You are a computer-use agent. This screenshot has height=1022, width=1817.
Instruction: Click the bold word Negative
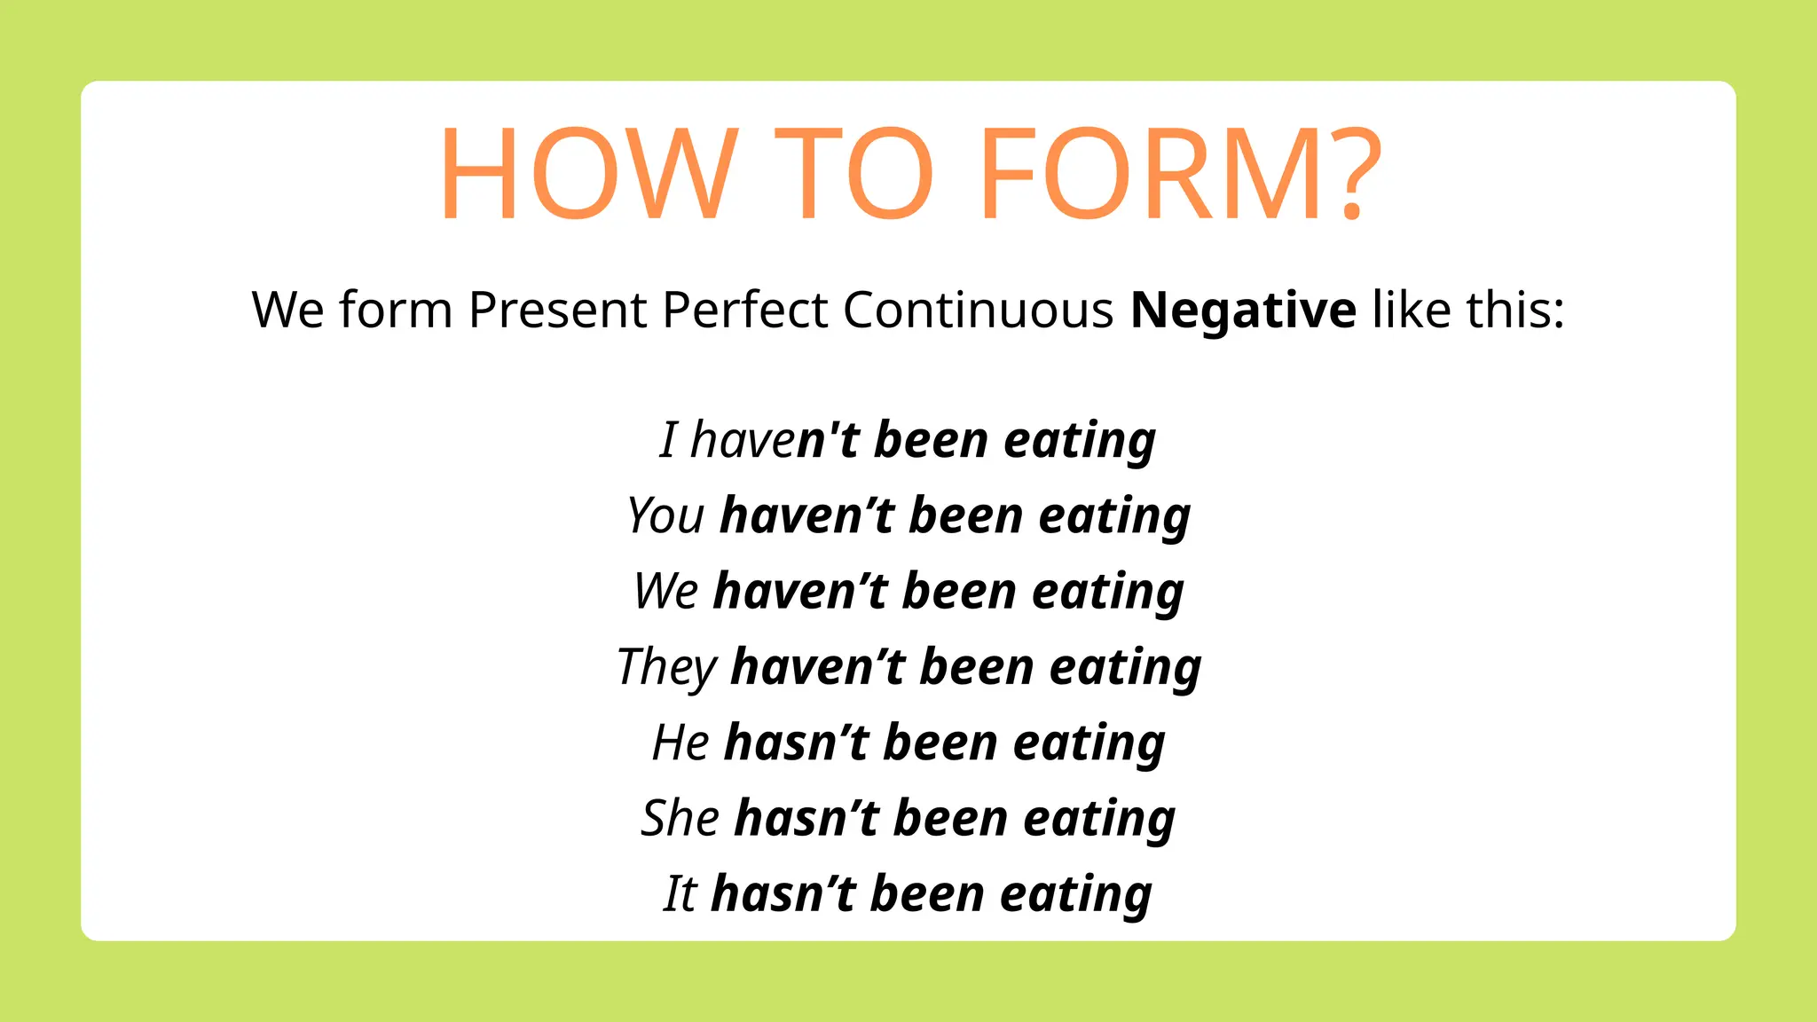(1243, 311)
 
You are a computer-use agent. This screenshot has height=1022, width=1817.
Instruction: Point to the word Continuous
(978, 311)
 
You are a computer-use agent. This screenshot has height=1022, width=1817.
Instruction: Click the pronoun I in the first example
(669, 440)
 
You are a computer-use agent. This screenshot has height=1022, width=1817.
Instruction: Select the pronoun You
(665, 515)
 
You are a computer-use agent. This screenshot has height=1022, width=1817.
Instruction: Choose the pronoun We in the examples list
(666, 591)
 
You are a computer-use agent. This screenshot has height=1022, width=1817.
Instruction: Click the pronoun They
(666, 667)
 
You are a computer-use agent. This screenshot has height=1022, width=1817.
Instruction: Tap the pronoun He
(680, 743)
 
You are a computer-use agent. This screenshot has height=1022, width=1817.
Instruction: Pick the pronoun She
(680, 818)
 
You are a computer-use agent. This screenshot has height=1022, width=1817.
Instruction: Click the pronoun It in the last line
(680, 893)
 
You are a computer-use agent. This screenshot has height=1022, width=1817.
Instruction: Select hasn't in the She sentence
(806, 818)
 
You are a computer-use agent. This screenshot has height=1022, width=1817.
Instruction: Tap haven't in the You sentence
(807, 515)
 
